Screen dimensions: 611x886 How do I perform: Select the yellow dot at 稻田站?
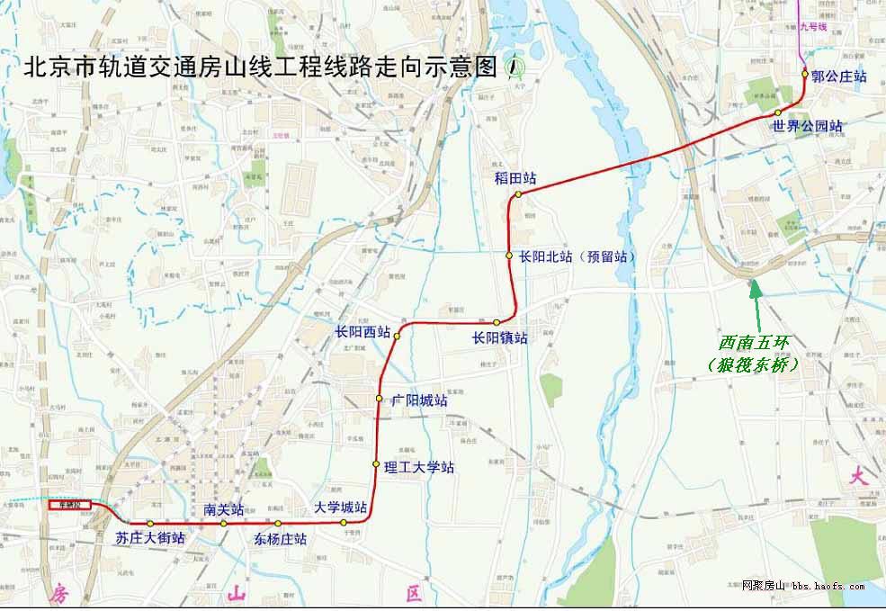point(518,193)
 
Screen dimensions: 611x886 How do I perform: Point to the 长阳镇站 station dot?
point(496,322)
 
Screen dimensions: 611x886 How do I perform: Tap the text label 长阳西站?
point(362,331)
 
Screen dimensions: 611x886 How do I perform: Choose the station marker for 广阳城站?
point(380,398)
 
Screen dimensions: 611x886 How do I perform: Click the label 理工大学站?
point(418,467)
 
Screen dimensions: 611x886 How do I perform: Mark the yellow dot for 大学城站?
point(344,522)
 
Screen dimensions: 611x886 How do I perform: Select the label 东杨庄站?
point(280,539)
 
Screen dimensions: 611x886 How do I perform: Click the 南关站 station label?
point(224,509)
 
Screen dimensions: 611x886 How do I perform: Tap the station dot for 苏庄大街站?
point(151,523)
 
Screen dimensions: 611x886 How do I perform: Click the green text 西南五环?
point(753,343)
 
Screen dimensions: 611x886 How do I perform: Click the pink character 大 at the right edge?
point(858,477)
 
